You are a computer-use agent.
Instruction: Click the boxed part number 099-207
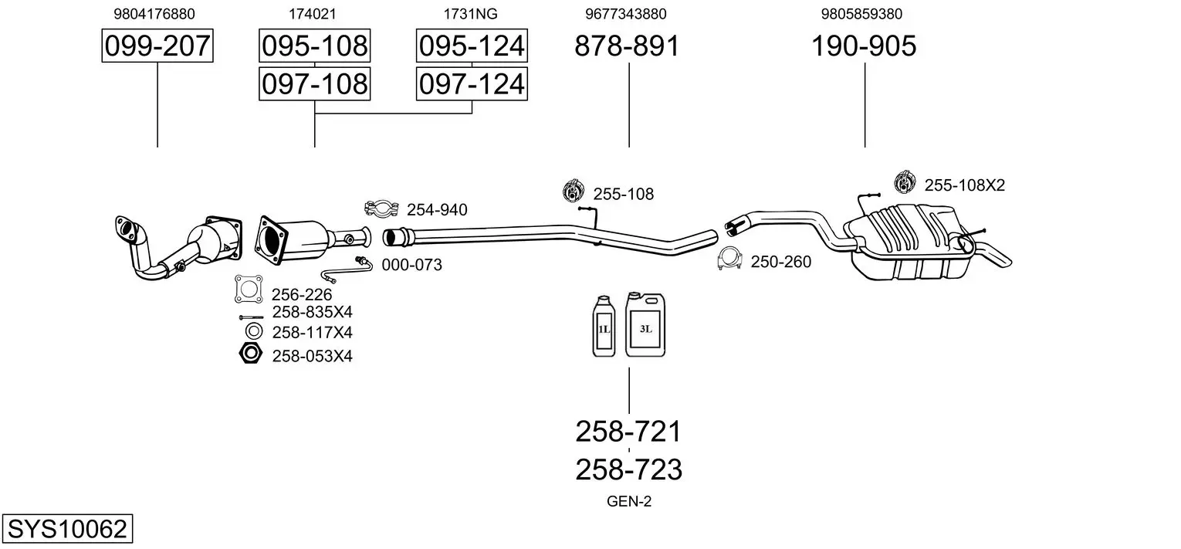157,46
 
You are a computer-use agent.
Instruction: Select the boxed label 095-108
314,46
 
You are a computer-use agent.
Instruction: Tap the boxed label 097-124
472,83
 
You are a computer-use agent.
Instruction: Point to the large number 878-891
627,46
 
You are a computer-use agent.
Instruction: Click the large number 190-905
863,46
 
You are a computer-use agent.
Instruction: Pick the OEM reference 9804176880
154,14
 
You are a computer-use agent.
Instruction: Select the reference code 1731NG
470,14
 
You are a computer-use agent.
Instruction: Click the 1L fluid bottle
603,327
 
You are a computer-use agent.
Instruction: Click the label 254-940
437,209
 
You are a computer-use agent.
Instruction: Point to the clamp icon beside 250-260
729,260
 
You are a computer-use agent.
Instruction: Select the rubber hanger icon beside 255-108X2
904,182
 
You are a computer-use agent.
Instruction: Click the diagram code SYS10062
66,530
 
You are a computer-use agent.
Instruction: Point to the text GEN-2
629,502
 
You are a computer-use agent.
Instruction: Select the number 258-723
628,469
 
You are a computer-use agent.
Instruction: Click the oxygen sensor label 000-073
412,265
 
